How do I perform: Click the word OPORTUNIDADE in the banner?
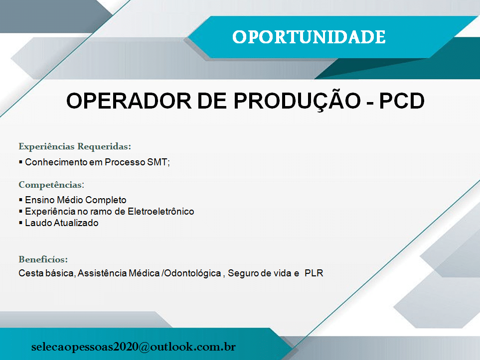tap(309, 37)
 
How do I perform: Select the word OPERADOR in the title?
tap(129, 101)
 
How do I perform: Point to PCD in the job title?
tap(402, 101)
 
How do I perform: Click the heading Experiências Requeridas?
tap(75, 146)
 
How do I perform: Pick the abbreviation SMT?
tap(158, 162)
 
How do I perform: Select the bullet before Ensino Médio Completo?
tap(20, 200)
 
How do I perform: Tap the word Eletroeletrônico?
tap(160, 211)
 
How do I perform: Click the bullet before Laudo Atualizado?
tap(20, 223)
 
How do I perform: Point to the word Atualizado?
tap(76, 223)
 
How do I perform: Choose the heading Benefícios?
tap(43, 259)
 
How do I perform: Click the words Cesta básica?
tap(46, 273)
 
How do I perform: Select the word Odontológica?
tap(192, 273)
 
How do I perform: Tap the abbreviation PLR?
tap(314, 273)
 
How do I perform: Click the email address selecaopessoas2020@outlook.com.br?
tap(134, 347)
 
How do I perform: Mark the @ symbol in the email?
tap(144, 347)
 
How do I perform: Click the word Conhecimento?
tap(56, 162)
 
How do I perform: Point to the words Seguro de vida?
tap(259, 273)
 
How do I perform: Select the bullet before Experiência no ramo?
tap(20, 211)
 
